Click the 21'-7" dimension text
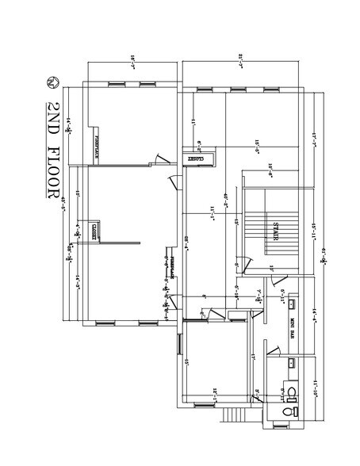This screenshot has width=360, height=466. (239, 56)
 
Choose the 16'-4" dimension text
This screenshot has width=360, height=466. (70, 120)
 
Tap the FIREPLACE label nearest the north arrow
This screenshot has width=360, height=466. (97, 148)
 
